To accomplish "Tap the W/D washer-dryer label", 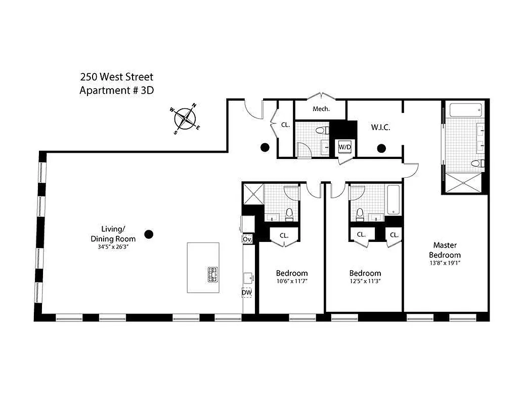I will tap(345, 147).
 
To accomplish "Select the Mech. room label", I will tap(321, 109).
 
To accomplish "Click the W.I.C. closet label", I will tap(380, 128).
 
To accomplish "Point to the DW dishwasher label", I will tap(247, 292).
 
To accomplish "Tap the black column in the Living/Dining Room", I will tap(148, 234).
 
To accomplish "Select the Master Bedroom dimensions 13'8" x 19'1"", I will tap(445, 263).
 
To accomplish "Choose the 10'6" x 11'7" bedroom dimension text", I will tap(291, 281).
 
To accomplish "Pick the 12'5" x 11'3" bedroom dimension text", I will tap(365, 281).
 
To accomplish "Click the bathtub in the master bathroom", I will tap(464, 110).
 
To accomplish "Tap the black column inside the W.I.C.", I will tap(381, 148).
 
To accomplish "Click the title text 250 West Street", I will tap(116, 77).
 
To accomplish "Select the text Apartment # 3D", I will tap(116, 91).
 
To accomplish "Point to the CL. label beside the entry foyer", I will tap(285, 124).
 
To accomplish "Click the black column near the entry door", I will tap(264, 148).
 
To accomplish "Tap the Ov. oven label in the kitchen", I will tap(247, 238).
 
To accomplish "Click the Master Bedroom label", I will tap(445, 251).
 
